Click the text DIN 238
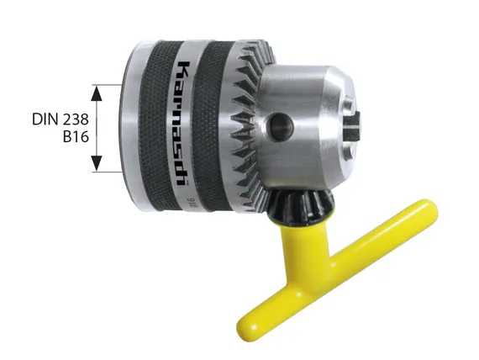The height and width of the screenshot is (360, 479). coord(61,119)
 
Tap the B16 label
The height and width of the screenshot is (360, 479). coord(76,136)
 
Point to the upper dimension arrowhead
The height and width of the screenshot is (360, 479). coord(97,93)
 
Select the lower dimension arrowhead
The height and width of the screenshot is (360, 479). coord(97,163)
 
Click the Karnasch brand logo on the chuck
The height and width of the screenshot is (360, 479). coord(184,124)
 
